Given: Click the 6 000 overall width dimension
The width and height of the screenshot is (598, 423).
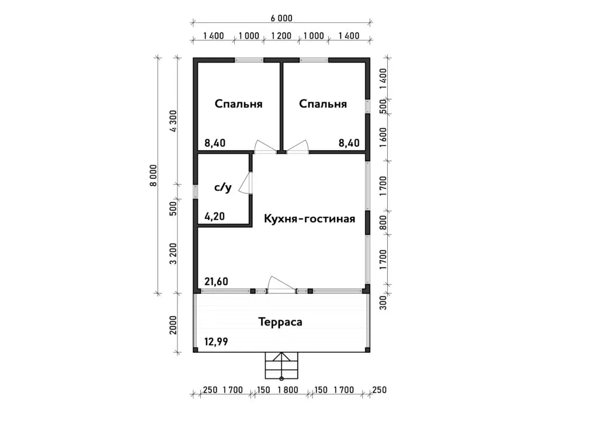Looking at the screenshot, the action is coord(281,18).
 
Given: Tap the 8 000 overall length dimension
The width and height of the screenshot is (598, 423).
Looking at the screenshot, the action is coord(154,175).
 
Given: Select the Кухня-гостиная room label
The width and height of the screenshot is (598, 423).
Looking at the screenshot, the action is coord(310,219).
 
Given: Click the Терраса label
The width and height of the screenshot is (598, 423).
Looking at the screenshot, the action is coord(280,321).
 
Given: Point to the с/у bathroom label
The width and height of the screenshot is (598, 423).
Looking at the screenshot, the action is coord(222,188).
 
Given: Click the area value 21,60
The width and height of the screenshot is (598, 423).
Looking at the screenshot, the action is coord(216,282).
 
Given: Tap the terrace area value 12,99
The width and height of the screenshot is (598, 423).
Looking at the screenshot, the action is coord(216,341).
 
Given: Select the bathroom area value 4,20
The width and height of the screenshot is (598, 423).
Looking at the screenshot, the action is coord(215,217).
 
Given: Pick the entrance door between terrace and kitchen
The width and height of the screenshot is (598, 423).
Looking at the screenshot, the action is coord(281,285).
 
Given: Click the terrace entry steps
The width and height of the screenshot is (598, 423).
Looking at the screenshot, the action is coord(281,365).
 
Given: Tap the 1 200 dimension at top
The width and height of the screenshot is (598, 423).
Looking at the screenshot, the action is coord(281,36).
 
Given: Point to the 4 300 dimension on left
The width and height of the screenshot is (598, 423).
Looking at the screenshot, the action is coord(173,121).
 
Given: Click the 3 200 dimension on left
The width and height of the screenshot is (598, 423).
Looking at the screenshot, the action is coord(173,254).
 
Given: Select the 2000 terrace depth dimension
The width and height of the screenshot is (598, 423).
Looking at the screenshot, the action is coord(173,325).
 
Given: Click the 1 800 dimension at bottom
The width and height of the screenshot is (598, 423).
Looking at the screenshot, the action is coord(288,390).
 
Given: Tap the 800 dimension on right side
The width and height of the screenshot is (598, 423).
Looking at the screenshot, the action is coord(383,223).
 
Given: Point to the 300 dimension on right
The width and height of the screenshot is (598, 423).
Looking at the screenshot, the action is coord(383,303).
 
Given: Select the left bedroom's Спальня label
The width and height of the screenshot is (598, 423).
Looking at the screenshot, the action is coord(238,104).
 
